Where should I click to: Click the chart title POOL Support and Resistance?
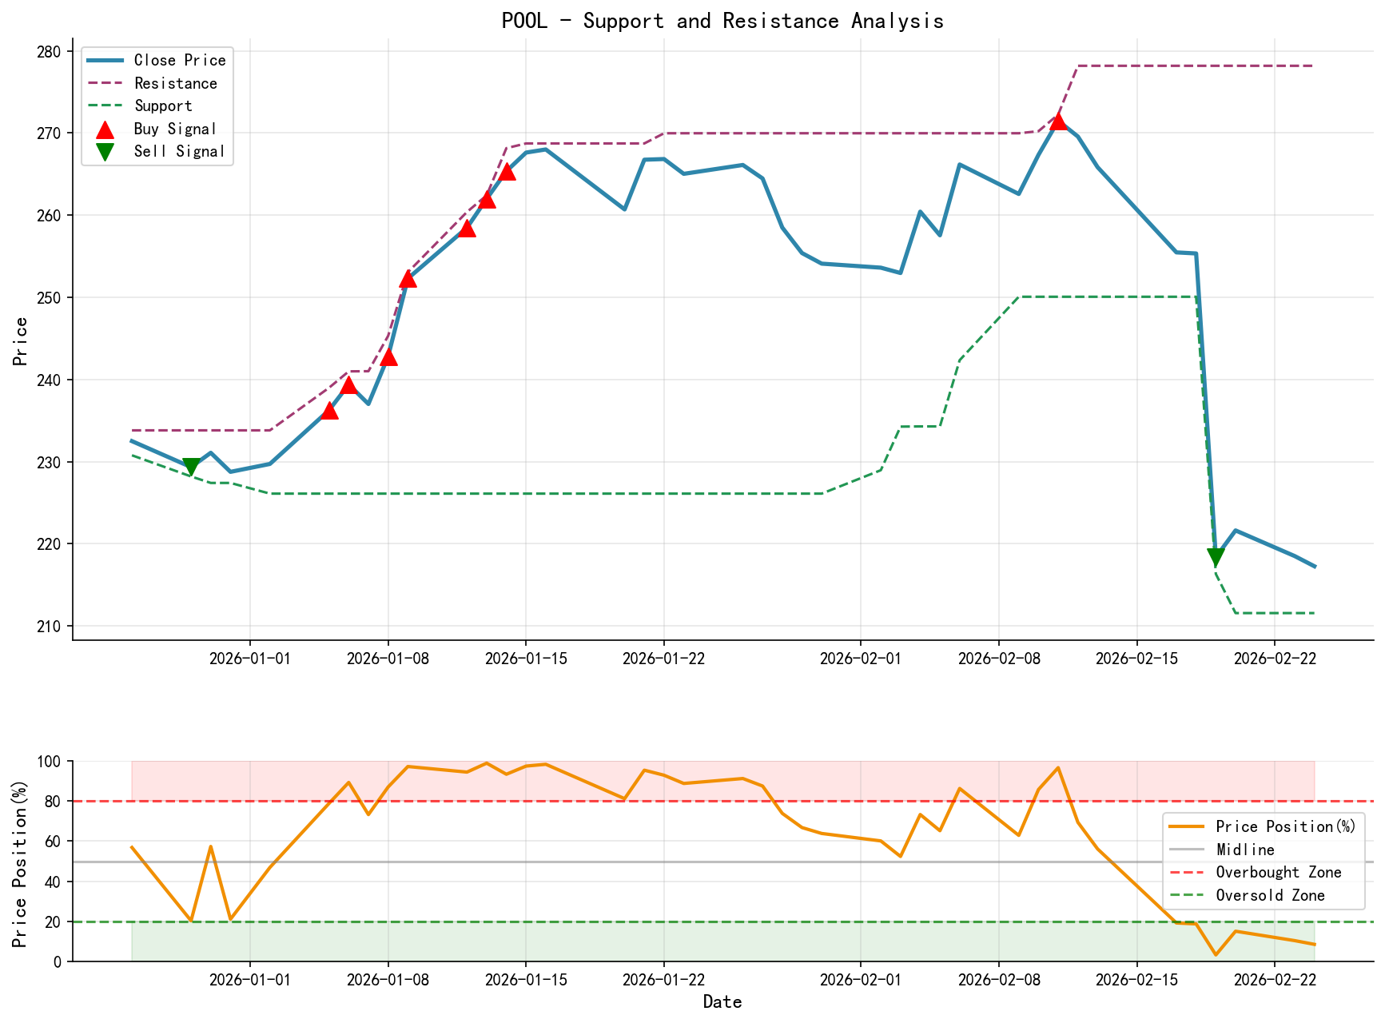tap(722, 21)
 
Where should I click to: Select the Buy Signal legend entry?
tap(175, 129)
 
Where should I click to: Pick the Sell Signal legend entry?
tap(179, 151)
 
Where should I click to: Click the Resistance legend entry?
tap(175, 83)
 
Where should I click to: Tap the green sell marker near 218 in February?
tap(1216, 558)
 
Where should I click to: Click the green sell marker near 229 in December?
tap(191, 467)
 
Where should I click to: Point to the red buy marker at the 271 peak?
tap(1058, 121)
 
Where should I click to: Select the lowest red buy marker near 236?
tap(329, 410)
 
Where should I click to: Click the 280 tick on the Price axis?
tap(49, 52)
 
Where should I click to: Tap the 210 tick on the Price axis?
tap(49, 626)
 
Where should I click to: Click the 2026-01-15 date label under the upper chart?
tap(525, 658)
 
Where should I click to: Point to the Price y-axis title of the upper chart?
tap(22, 341)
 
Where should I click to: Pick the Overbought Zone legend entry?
tap(1278, 873)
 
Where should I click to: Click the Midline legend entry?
tap(1244, 850)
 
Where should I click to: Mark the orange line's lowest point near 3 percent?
tap(1216, 954)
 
